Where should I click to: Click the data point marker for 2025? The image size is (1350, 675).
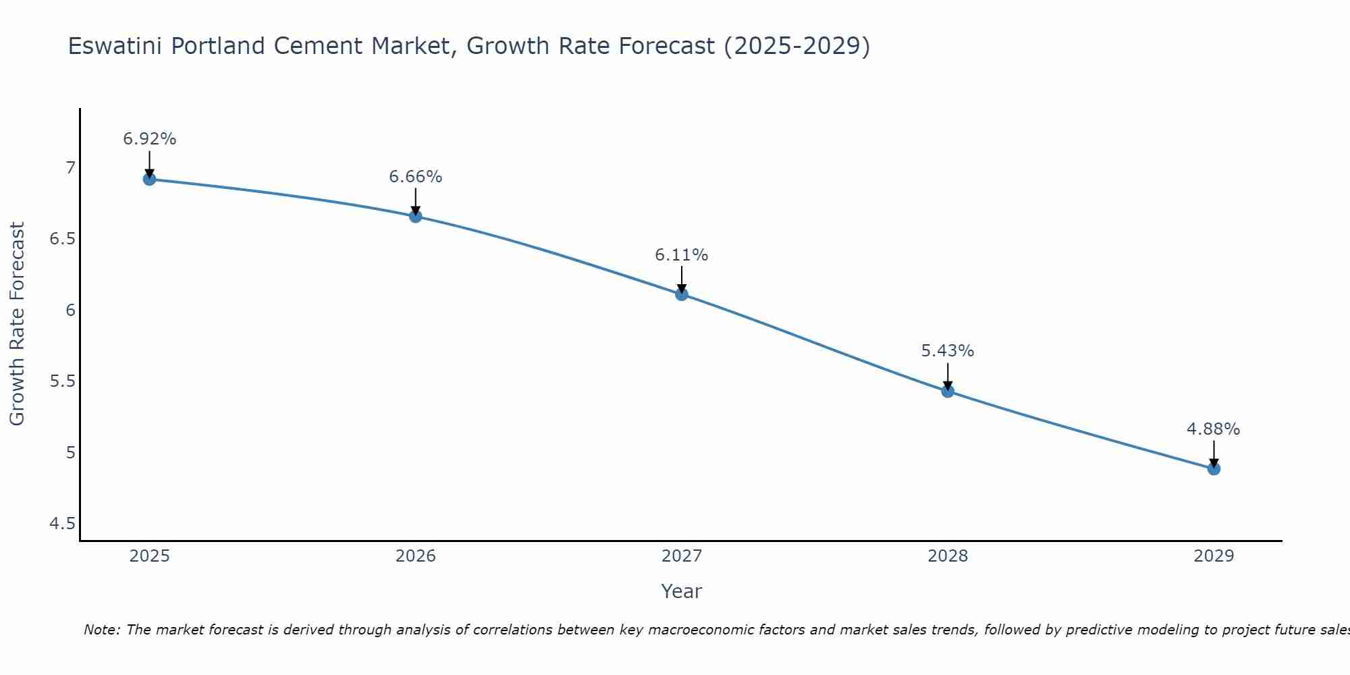pos(149,179)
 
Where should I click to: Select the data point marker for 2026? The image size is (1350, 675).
pos(415,216)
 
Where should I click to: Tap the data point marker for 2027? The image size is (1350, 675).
pos(681,294)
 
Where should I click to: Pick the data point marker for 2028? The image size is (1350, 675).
pos(948,391)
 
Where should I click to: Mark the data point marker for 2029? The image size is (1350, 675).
pos(1214,468)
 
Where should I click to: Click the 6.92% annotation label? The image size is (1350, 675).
pos(149,139)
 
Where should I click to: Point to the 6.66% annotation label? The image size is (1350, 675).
pos(415,177)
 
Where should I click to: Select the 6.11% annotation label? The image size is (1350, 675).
pos(681,255)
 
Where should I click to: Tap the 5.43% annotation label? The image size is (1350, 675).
pos(948,351)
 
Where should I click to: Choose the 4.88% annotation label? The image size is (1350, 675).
pos(1214,429)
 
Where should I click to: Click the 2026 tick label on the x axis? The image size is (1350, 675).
pos(415,556)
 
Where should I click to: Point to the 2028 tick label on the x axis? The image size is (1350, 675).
pos(948,556)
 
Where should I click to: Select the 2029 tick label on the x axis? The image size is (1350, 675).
pos(1214,556)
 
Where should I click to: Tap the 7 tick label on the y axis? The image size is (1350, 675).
pos(70,167)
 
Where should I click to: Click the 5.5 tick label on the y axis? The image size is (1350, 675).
pos(63,381)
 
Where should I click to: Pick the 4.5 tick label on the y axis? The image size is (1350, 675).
pos(63,524)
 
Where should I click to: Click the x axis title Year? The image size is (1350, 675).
pos(681,591)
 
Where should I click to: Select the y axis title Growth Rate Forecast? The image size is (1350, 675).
pos(17,324)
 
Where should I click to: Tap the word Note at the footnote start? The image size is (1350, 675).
pos(101,630)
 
